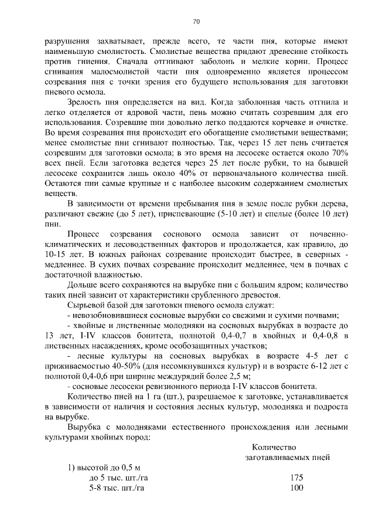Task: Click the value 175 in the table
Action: [296, 477]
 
